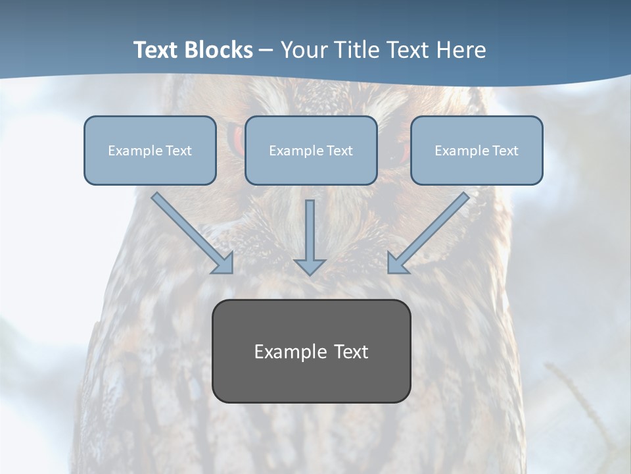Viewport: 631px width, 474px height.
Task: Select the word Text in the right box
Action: (x=505, y=151)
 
